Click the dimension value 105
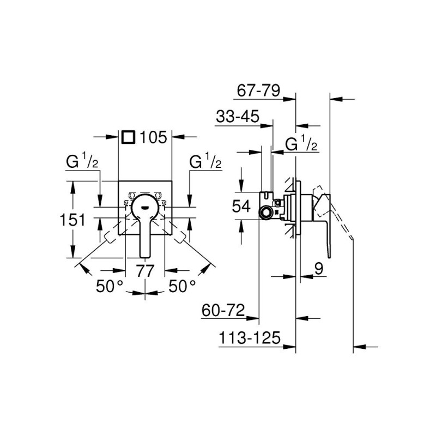[153, 137]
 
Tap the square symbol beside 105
[128, 137]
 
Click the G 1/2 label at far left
[81, 162]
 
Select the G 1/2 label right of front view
[205, 162]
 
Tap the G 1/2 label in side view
[302, 144]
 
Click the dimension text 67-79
[258, 90]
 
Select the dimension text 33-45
[237, 118]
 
